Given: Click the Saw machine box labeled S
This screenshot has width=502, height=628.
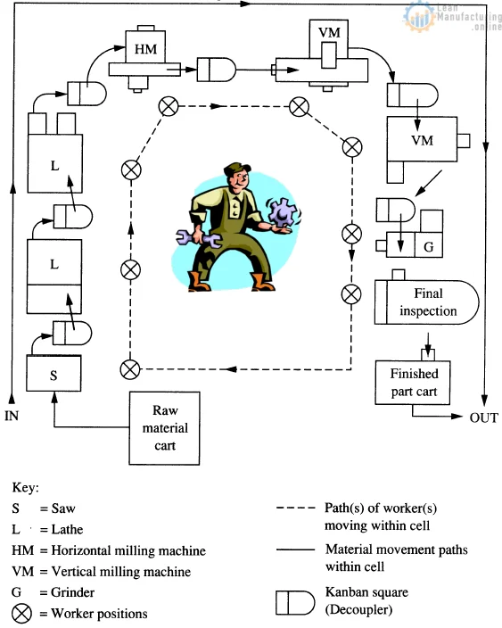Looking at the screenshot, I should (x=53, y=374).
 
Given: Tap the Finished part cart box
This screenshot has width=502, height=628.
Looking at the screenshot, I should (x=415, y=381).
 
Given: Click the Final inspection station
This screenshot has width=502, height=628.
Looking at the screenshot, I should (x=426, y=302).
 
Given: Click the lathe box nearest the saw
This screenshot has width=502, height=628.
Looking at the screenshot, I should (x=53, y=265).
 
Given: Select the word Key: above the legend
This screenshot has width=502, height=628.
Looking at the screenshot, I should (x=26, y=488).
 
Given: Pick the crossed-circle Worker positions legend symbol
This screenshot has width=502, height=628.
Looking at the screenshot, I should (x=21, y=613).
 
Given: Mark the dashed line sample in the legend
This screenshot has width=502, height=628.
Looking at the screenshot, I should (x=296, y=508).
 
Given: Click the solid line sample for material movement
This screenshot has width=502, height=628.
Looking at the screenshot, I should (x=296, y=550).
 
